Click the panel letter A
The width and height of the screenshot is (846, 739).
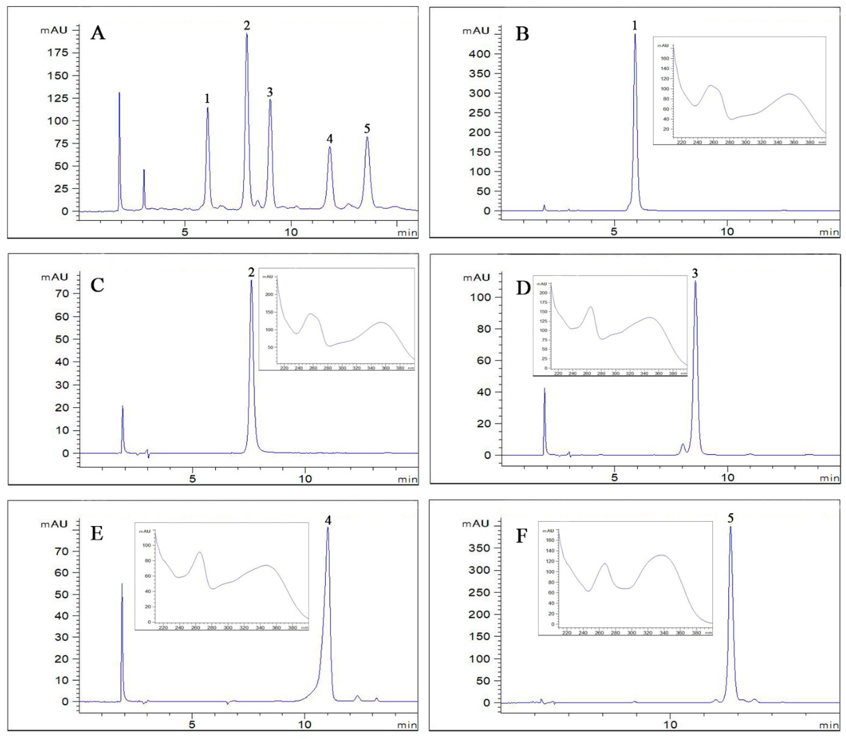point(98,33)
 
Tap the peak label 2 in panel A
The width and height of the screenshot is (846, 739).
point(247,26)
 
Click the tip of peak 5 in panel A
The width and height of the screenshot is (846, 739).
point(367,137)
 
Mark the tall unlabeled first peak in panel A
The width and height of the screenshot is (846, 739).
point(120,93)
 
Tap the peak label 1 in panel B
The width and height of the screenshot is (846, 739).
point(635,26)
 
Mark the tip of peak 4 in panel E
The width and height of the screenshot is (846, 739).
point(328,528)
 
